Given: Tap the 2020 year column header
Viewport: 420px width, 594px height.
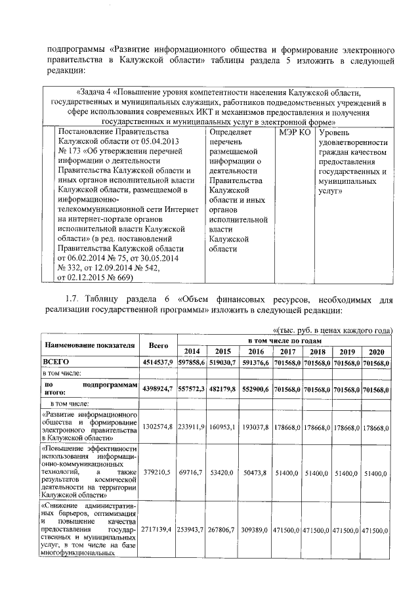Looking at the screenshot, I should tap(377, 350).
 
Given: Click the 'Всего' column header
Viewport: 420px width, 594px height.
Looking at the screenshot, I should tap(158, 345).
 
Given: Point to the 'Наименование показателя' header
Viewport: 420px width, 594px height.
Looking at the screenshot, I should tap(91, 345).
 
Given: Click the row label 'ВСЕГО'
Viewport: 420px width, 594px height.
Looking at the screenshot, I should tap(56, 362).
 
